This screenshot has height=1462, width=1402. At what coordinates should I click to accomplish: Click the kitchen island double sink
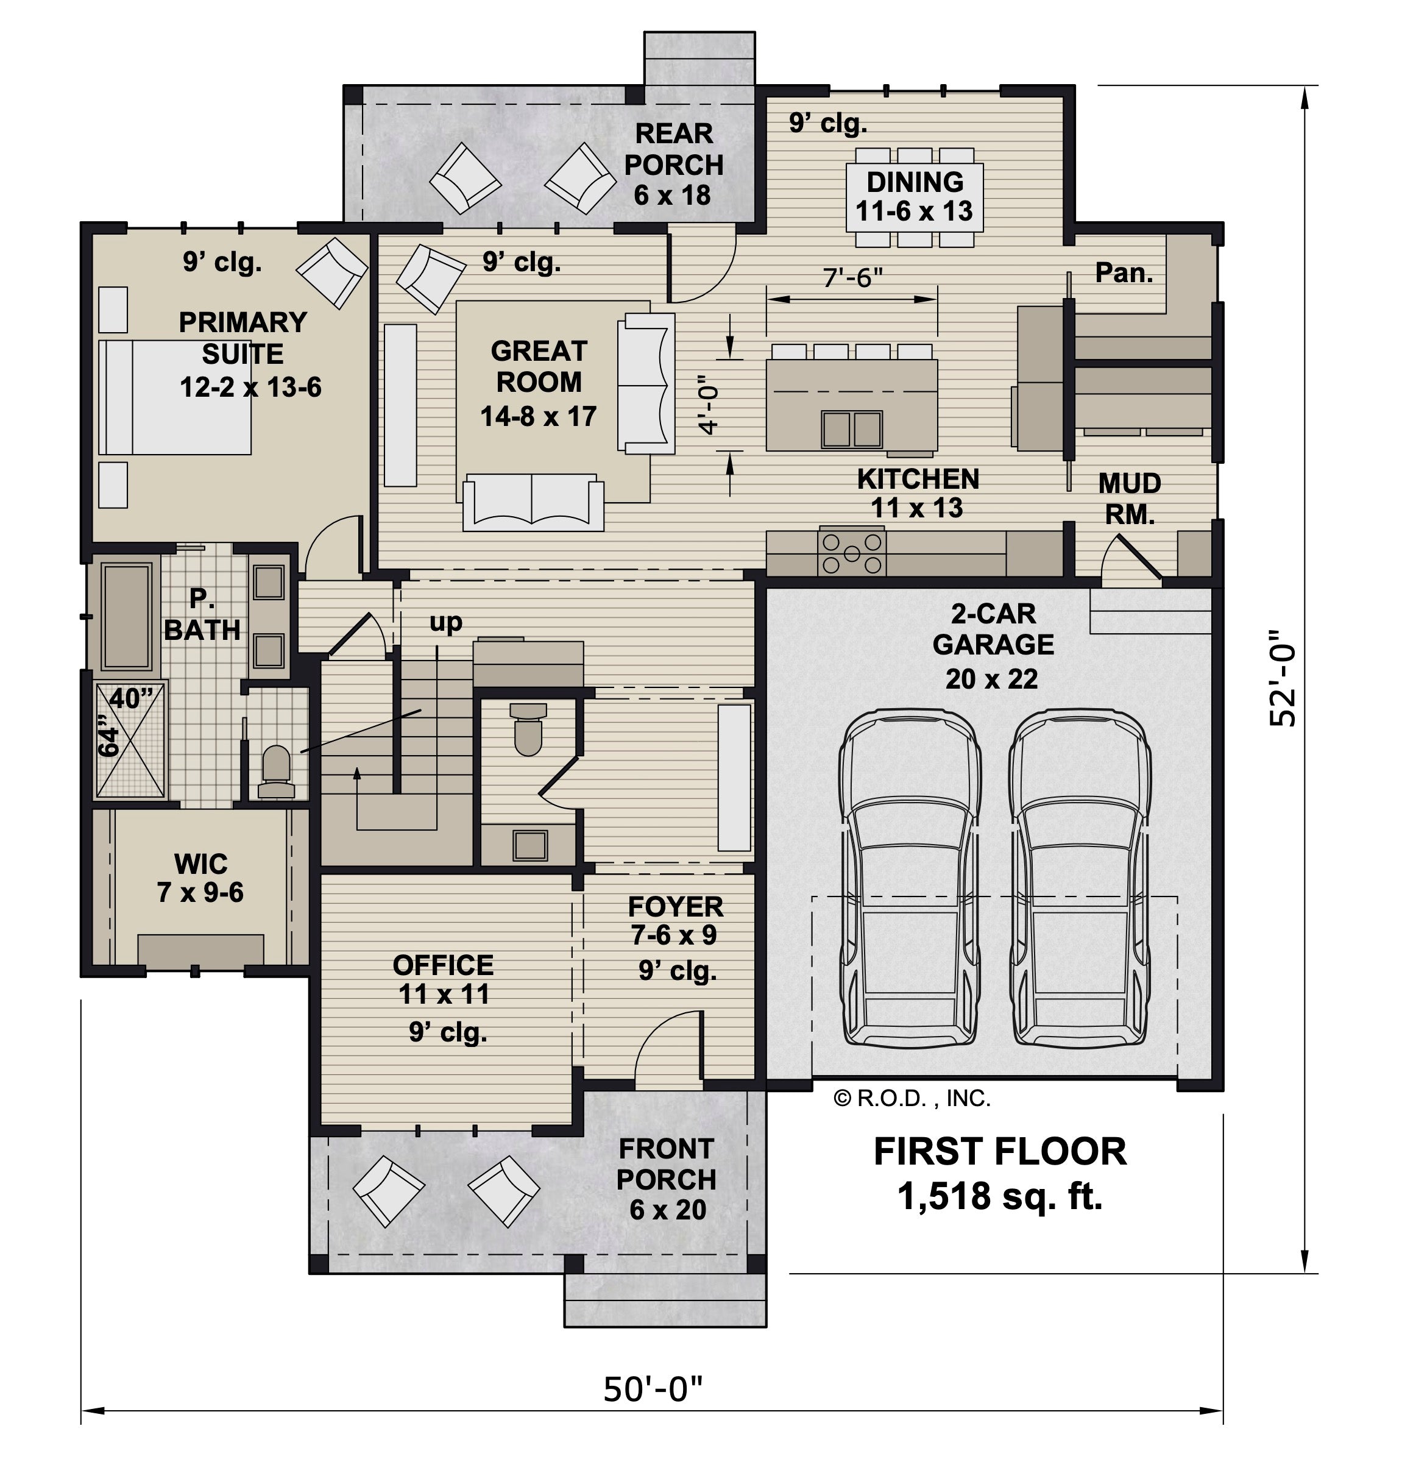point(852,429)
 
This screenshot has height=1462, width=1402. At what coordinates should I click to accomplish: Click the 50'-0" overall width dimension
point(653,1389)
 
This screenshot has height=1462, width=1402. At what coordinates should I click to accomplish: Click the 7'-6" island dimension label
point(852,277)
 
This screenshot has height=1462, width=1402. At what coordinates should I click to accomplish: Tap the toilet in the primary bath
point(276,772)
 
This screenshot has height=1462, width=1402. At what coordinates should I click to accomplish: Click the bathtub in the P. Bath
point(127,616)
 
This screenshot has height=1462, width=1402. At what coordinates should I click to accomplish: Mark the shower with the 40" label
point(130,740)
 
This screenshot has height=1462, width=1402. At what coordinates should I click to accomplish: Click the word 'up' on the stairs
point(446,622)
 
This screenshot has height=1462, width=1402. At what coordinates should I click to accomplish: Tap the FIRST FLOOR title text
point(1000,1152)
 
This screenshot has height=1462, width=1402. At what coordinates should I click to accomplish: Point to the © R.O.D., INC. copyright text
point(912,1098)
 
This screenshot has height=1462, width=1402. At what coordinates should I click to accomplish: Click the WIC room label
point(200,864)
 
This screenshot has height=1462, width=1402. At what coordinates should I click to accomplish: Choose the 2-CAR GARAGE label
point(993,629)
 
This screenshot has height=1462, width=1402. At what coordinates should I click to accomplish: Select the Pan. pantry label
point(1124,273)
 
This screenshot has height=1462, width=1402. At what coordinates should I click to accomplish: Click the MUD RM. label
point(1130,499)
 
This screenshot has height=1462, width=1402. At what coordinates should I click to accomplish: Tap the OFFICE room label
point(443,965)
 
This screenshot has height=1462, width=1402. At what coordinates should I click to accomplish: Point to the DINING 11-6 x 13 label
point(915,196)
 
